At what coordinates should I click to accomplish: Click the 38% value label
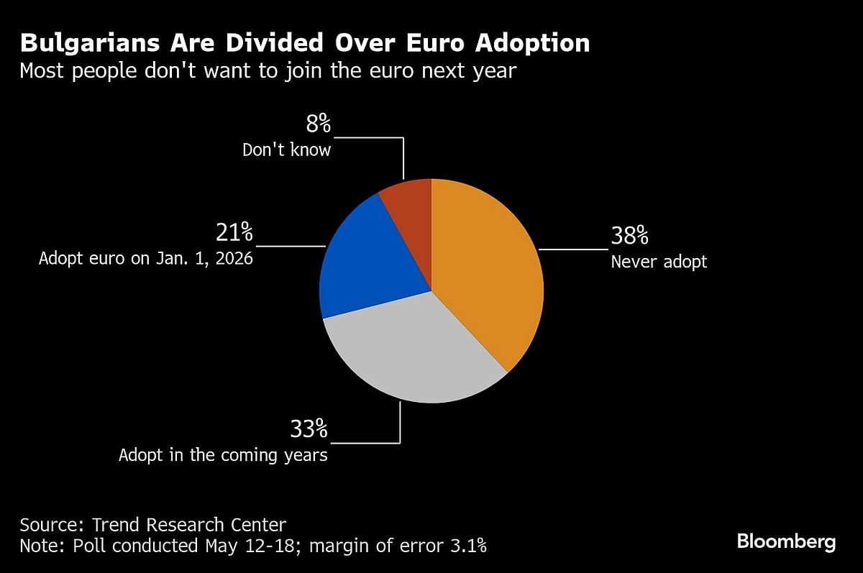[x=630, y=236]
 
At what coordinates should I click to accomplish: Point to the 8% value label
[x=319, y=124]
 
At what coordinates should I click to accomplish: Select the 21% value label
[x=234, y=232]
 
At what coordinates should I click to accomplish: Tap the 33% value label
[x=309, y=429]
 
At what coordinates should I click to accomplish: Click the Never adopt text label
[x=659, y=262]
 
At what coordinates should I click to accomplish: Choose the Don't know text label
[x=286, y=150]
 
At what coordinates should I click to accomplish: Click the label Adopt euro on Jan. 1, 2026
[x=146, y=258]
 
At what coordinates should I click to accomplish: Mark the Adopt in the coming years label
[x=223, y=455]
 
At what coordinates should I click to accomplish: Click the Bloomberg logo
[x=787, y=542]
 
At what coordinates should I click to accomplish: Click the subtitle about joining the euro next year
[x=268, y=71]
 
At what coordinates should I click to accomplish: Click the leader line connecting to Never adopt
[x=573, y=249]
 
